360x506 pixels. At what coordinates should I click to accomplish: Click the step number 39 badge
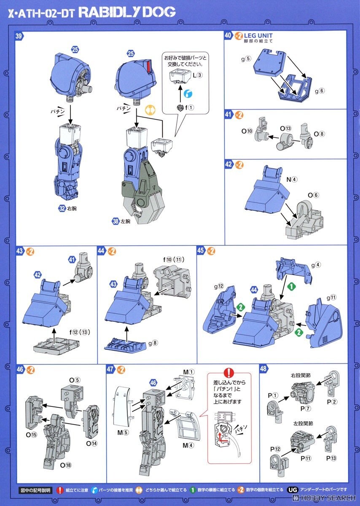[19, 36]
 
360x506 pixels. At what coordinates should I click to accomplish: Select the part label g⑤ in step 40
[246, 59]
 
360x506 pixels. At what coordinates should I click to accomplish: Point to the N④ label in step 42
[292, 179]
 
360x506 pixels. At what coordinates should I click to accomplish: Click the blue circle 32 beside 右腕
[62, 208]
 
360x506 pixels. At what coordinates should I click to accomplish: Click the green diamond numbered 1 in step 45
[290, 285]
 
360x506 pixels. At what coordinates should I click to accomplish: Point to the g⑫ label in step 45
[218, 286]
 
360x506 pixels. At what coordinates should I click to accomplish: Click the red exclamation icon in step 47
[228, 373]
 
